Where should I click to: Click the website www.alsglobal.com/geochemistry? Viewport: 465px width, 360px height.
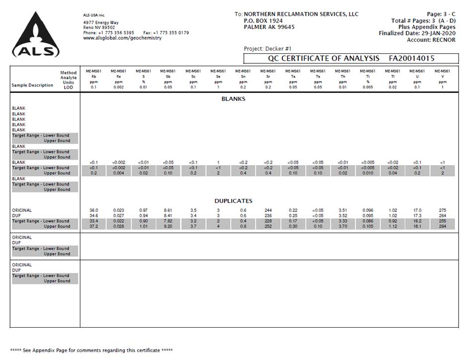pyautogui.click(x=122, y=38)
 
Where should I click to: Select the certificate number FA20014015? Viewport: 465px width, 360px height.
pyautogui.click(x=412, y=59)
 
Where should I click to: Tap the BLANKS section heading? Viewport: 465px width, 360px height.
pyautogui.click(x=233, y=99)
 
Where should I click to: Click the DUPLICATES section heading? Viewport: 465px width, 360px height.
pyautogui.click(x=233, y=201)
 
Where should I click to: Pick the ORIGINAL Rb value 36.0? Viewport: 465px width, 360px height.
pyautogui.click(x=94, y=210)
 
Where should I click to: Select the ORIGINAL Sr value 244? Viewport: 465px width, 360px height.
pyautogui.click(x=268, y=210)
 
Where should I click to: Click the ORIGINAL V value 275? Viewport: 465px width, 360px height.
pyautogui.click(x=443, y=210)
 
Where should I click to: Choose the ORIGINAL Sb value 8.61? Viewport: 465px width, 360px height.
pyautogui.click(x=168, y=210)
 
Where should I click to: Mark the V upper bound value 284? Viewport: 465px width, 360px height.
pyautogui.click(x=443, y=227)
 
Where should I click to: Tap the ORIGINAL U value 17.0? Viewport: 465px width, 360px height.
pyautogui.click(x=418, y=210)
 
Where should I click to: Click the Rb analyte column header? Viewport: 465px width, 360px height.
pyautogui.click(x=94, y=77)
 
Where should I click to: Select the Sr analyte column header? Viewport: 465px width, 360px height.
pyautogui.click(x=268, y=77)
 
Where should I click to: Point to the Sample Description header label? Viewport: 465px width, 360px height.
pyautogui.click(x=32, y=85)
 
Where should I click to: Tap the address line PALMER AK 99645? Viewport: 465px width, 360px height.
pyautogui.click(x=269, y=27)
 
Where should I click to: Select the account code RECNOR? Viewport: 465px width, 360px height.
pyautogui.click(x=444, y=40)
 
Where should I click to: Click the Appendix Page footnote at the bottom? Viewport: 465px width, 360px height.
pyautogui.click(x=91, y=351)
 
